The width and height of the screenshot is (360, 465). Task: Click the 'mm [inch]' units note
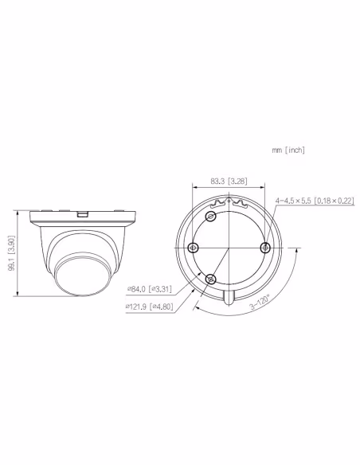288,150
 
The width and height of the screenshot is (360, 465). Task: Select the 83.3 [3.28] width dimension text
228,182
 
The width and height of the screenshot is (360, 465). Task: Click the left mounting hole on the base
191,248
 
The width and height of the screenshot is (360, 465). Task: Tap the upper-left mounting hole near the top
211,217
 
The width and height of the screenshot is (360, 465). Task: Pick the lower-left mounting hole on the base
210,279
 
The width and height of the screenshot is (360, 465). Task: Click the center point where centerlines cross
228,248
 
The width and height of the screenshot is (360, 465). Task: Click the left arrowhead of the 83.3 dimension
194,188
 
